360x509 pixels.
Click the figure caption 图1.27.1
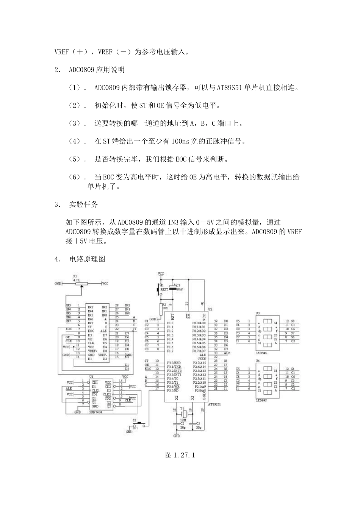coord(180,455)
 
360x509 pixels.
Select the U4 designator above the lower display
coord(257,361)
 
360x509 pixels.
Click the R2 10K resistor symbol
coord(160,308)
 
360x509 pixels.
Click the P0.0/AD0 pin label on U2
coord(199,323)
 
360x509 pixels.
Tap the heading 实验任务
coord(83,205)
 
